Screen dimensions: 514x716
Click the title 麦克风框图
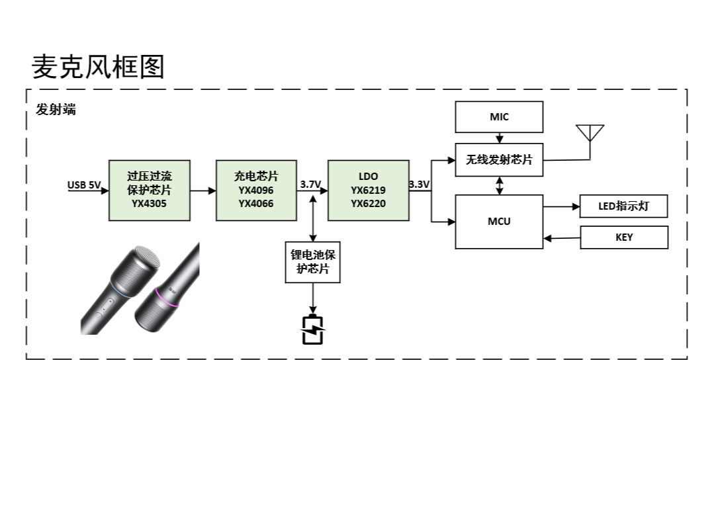tap(98, 67)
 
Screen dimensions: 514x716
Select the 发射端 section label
tap(56, 110)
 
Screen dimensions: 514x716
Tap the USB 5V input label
tap(84, 185)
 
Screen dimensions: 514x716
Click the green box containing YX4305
tap(150, 191)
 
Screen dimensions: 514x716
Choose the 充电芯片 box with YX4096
tap(256, 191)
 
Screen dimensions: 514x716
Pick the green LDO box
tap(368, 191)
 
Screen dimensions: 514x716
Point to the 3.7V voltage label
tap(310, 185)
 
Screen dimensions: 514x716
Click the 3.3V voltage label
tap(419, 185)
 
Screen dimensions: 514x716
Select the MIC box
tap(499, 117)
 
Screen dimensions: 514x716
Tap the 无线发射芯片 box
tap(499, 160)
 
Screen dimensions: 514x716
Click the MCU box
tap(499, 222)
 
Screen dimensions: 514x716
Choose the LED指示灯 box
tap(623, 206)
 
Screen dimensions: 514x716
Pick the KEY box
tap(623, 237)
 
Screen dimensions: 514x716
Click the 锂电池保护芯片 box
tap(312, 262)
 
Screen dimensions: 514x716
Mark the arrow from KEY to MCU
tap(562, 238)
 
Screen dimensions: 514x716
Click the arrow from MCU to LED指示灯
tap(562, 206)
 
